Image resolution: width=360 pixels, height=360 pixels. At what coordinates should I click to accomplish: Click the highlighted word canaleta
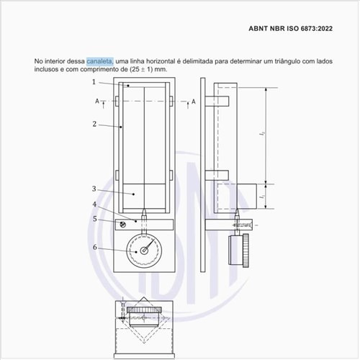(x=99, y=62)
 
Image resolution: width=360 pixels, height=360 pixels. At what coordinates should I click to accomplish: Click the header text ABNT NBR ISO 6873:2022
(x=292, y=30)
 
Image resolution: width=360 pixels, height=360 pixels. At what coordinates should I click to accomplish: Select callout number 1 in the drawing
(x=94, y=82)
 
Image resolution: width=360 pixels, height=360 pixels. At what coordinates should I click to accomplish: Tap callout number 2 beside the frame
(x=94, y=124)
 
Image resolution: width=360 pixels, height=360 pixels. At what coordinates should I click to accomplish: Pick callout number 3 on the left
(x=94, y=189)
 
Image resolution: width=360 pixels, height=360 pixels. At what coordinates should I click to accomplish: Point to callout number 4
(x=94, y=204)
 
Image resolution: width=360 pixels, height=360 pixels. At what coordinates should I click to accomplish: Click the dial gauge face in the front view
(x=144, y=251)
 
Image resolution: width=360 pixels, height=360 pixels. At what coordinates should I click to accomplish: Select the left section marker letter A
(x=96, y=102)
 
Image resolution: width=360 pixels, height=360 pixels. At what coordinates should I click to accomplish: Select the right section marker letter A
(x=193, y=102)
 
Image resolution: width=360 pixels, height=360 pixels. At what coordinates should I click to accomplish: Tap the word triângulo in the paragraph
(x=279, y=62)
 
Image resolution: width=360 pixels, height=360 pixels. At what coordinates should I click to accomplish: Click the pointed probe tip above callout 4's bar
(x=144, y=214)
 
